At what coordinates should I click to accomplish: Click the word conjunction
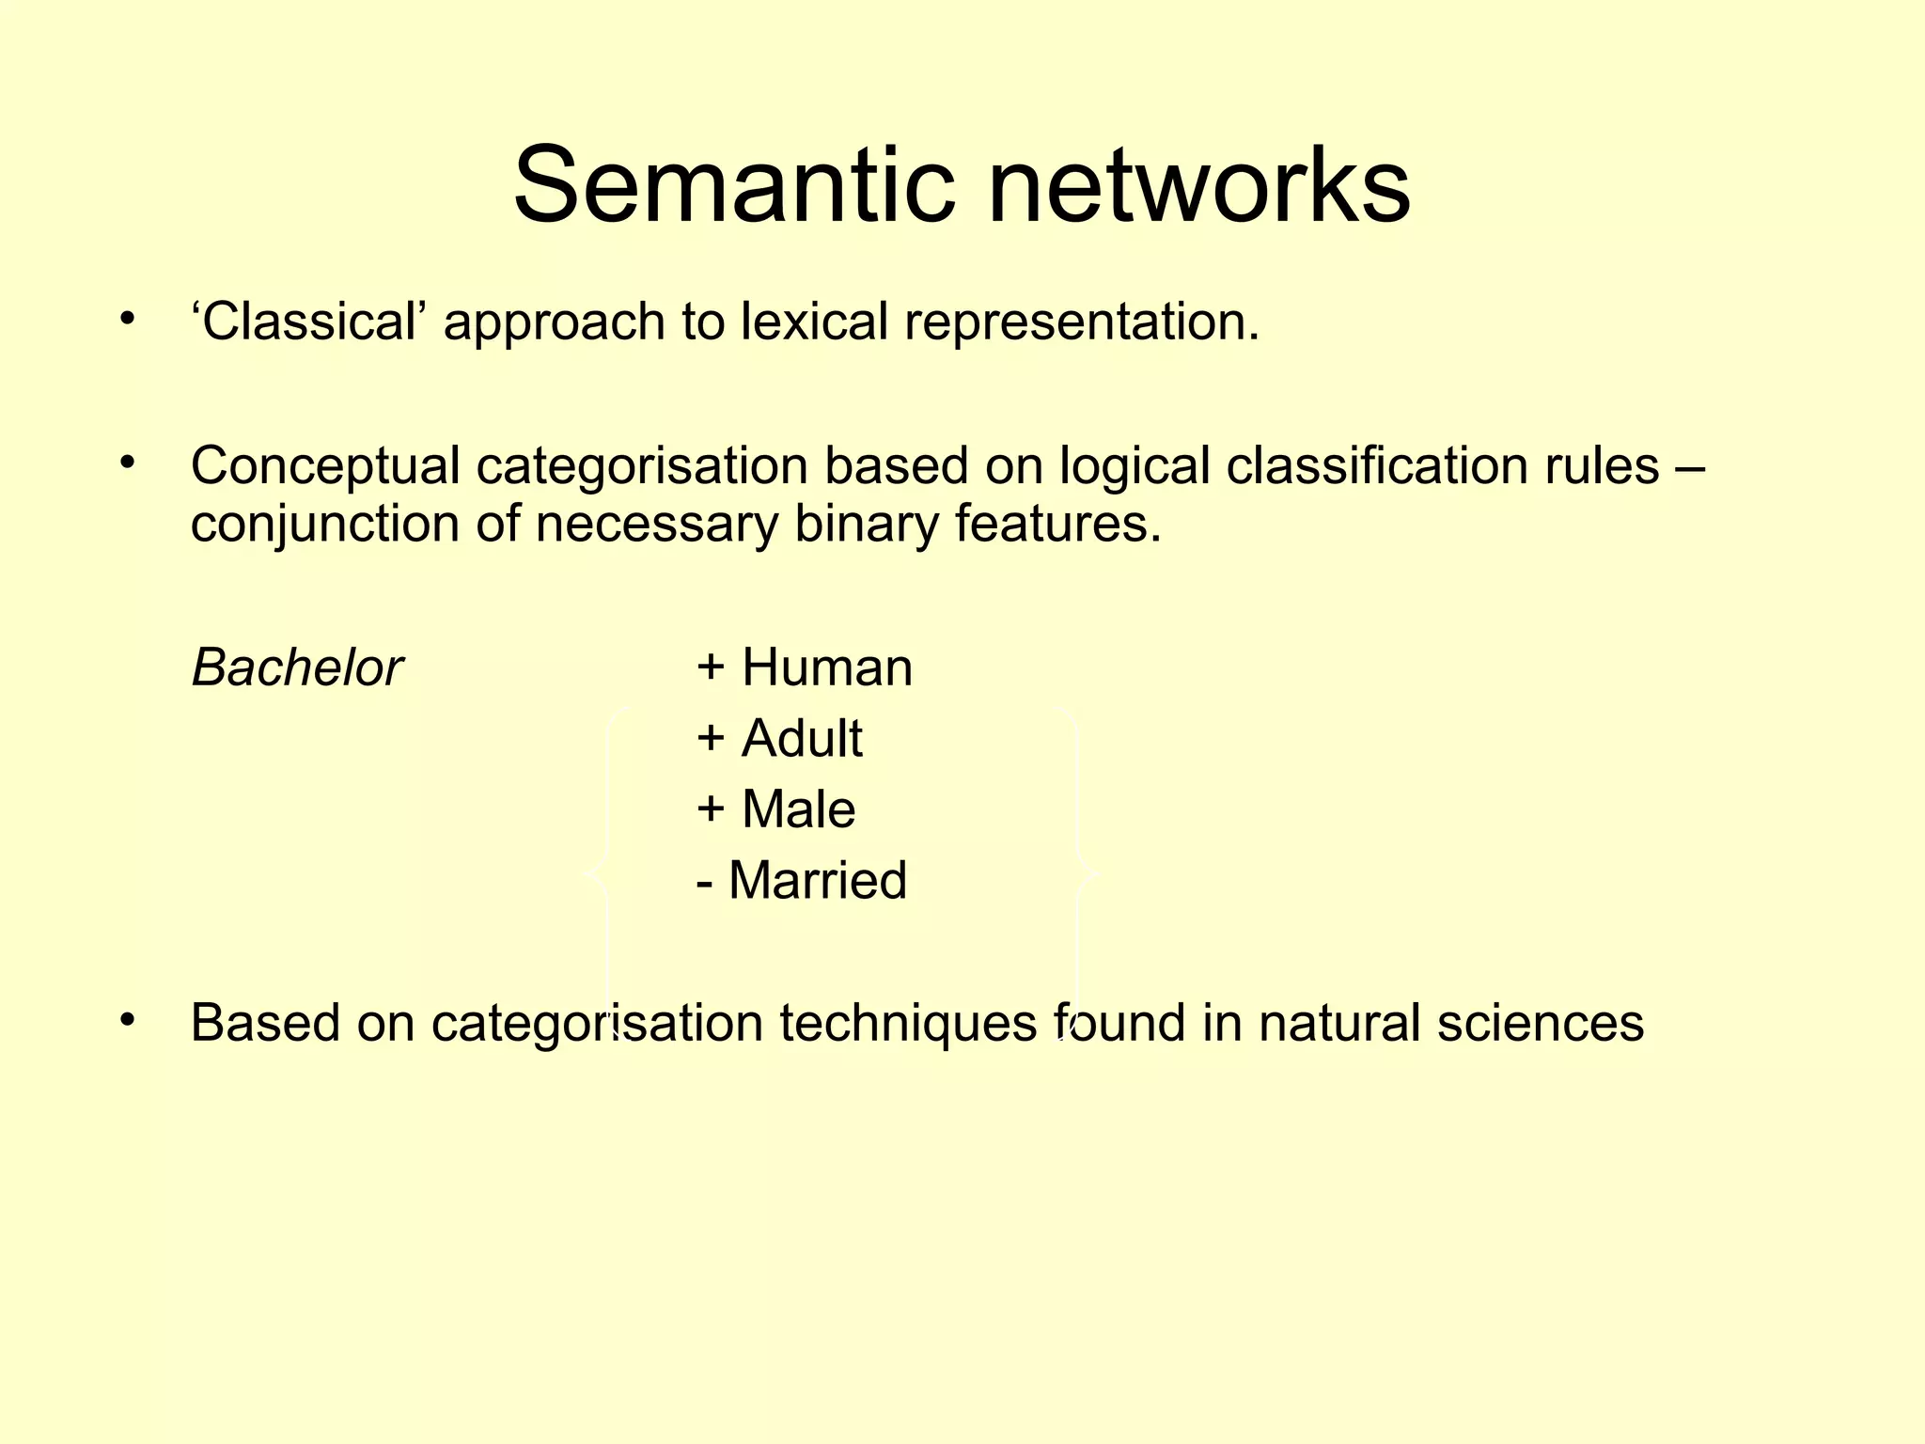(324, 525)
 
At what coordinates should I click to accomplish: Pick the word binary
(866, 525)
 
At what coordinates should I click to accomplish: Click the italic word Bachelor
(297, 668)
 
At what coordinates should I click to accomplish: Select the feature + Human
(805, 668)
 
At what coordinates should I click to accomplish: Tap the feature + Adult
(779, 739)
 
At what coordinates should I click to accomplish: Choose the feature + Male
(776, 809)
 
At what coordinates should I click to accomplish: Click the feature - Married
(802, 881)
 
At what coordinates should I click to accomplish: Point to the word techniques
(907, 1024)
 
